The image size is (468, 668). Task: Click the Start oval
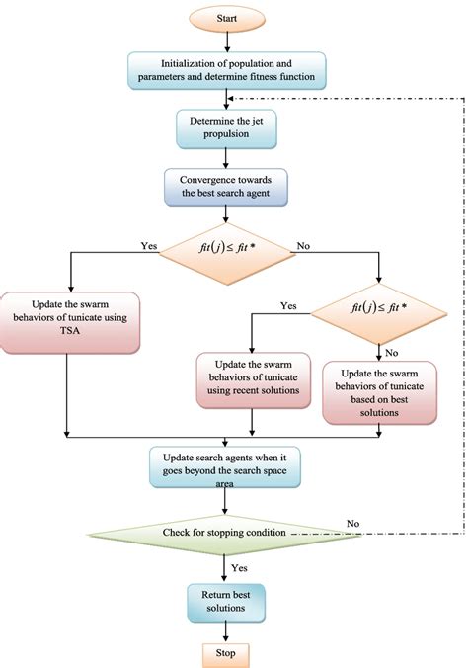(x=227, y=17)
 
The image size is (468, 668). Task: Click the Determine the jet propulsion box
(x=227, y=126)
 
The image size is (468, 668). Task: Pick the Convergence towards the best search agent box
(x=227, y=186)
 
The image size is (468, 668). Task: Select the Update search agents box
(x=226, y=467)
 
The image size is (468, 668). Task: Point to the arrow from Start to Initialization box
(x=227, y=42)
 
